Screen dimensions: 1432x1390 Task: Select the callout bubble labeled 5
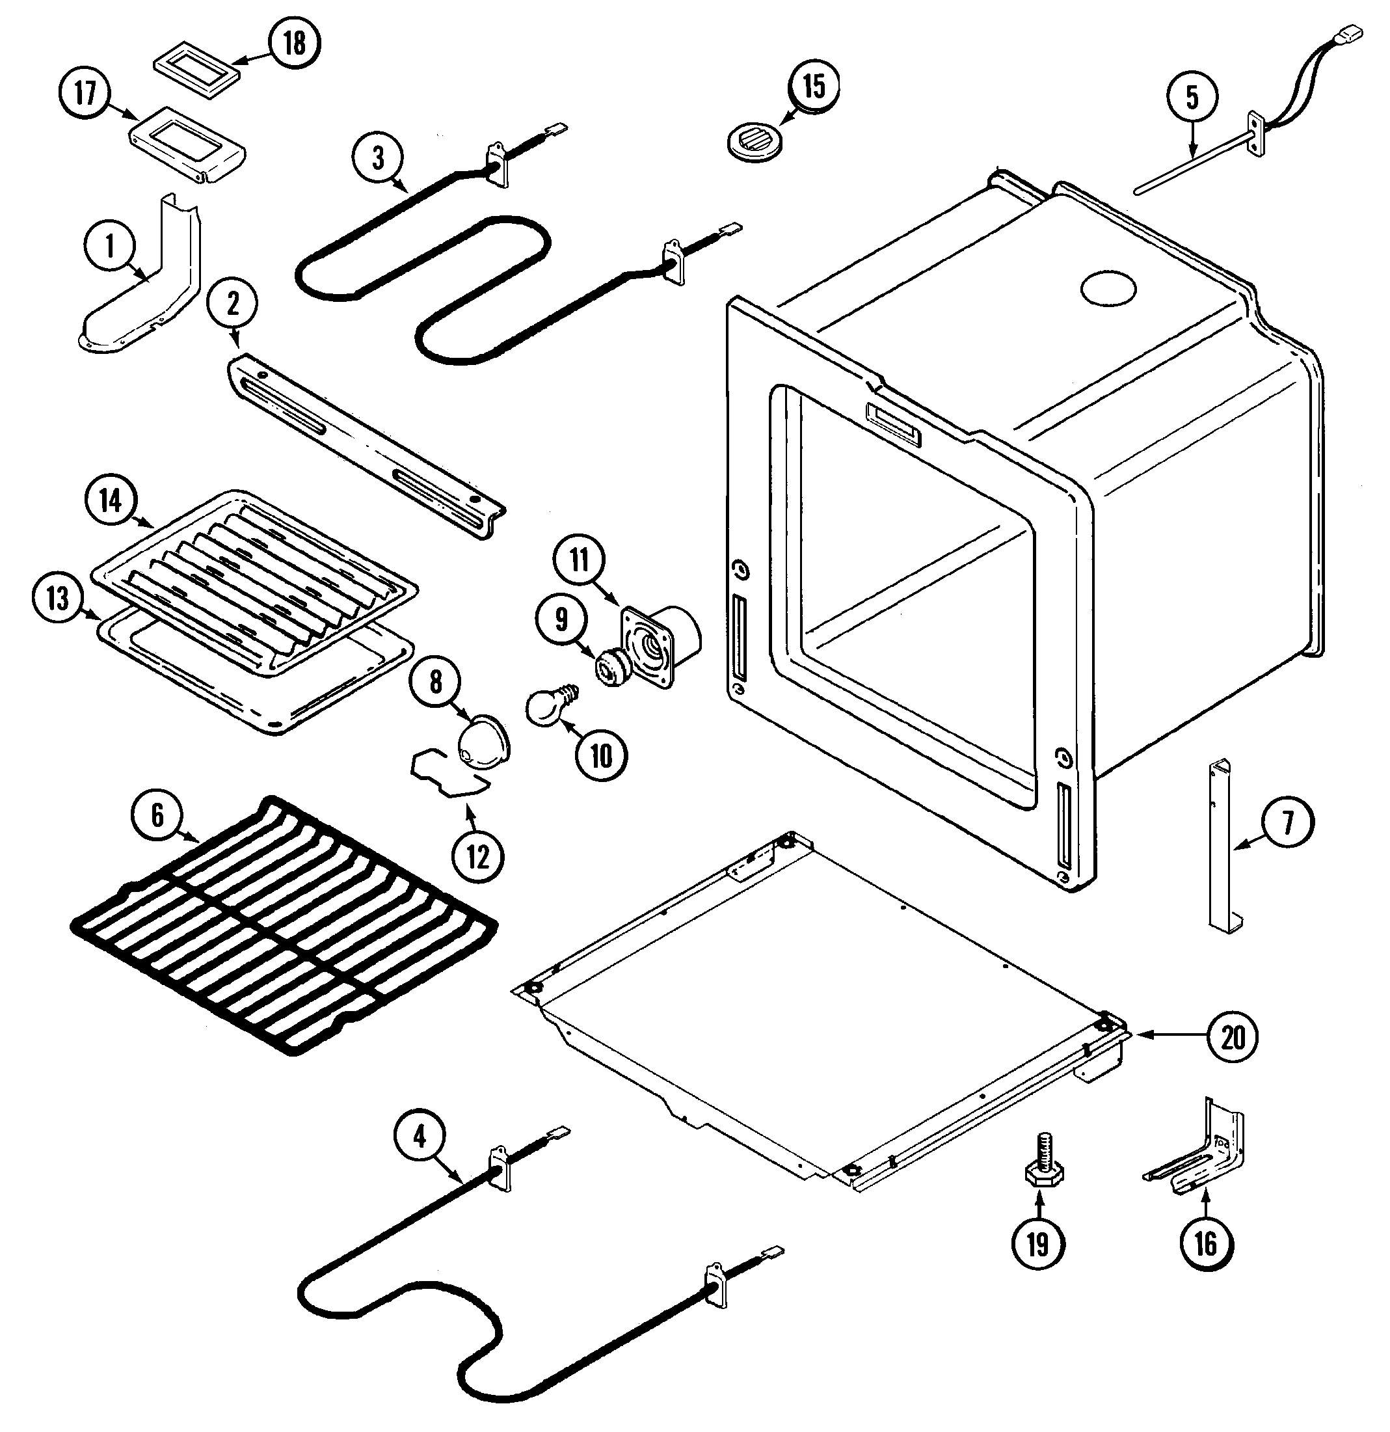click(1192, 97)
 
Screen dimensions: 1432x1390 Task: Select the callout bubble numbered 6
click(159, 815)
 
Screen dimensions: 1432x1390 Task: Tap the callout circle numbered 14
click(111, 501)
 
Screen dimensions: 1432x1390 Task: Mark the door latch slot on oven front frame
click(893, 424)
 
